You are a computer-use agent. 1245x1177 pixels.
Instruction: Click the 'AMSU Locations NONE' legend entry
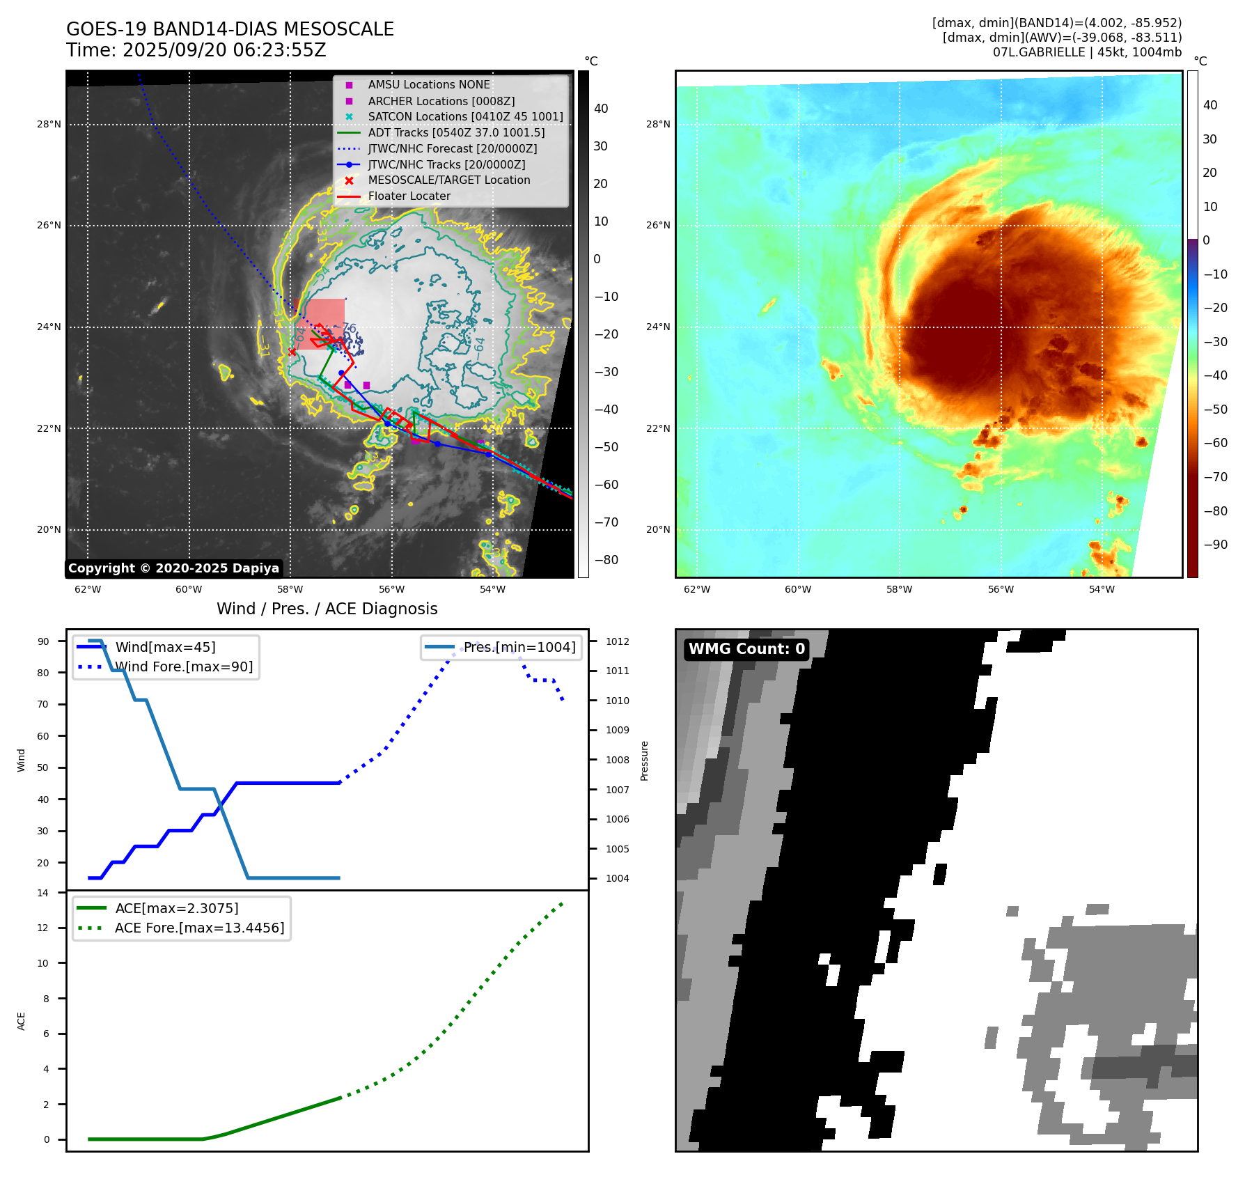(429, 85)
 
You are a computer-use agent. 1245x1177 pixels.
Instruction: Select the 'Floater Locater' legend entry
(409, 196)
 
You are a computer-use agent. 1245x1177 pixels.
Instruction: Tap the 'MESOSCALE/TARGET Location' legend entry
(448, 180)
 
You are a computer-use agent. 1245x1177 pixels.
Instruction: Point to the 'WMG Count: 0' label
(746, 649)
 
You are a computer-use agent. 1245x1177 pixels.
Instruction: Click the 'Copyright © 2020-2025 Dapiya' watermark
(173, 568)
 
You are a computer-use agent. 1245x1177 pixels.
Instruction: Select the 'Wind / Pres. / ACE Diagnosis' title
(327, 609)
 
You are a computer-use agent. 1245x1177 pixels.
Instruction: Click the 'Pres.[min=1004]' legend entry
(519, 647)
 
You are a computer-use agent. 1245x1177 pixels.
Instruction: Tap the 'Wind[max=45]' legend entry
(165, 647)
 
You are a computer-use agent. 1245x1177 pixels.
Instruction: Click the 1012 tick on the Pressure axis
(617, 641)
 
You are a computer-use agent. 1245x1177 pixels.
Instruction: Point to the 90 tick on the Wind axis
(43, 641)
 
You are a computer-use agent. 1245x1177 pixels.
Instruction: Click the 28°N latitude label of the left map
(49, 125)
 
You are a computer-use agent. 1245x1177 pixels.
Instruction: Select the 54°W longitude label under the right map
(1102, 589)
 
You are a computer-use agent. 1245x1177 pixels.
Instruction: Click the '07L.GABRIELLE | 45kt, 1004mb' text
(1087, 52)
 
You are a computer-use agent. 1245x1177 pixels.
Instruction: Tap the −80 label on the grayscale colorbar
(606, 560)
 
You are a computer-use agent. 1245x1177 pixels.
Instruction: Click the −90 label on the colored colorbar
(1215, 545)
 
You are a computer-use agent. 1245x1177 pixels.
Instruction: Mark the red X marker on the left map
(292, 352)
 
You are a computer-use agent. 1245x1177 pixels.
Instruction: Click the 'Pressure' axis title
(644, 761)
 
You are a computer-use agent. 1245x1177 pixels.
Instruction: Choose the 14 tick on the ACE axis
(43, 893)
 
